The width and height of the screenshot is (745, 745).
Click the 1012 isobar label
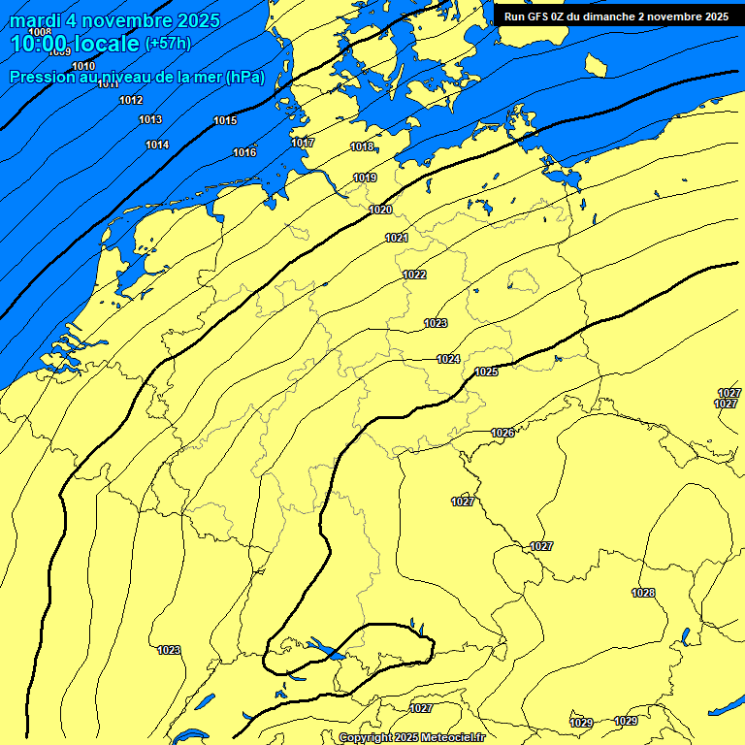[x=131, y=101]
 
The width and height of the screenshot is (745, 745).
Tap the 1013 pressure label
[x=150, y=120]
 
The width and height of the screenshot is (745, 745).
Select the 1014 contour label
[x=157, y=146]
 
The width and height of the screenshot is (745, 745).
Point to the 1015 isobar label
[x=225, y=121]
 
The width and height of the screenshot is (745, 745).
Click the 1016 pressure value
[x=244, y=153]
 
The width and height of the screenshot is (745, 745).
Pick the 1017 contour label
[x=303, y=144]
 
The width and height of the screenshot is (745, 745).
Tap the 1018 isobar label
[x=362, y=147]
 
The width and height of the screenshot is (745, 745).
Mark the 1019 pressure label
[x=365, y=178]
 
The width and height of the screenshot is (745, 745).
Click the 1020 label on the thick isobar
[x=380, y=211]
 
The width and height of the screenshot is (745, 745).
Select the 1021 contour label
[x=396, y=239]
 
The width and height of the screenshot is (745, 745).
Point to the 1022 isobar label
[x=414, y=275]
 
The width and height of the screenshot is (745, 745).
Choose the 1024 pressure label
[x=447, y=360]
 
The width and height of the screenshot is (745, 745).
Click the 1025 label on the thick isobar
[x=486, y=372]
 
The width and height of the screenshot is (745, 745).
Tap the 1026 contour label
[x=502, y=434]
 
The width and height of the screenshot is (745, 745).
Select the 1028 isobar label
[x=643, y=594]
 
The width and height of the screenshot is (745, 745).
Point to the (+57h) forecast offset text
[x=167, y=44]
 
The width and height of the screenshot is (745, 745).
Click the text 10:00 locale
[x=75, y=44]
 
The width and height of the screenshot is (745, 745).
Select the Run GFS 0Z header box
[x=617, y=16]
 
